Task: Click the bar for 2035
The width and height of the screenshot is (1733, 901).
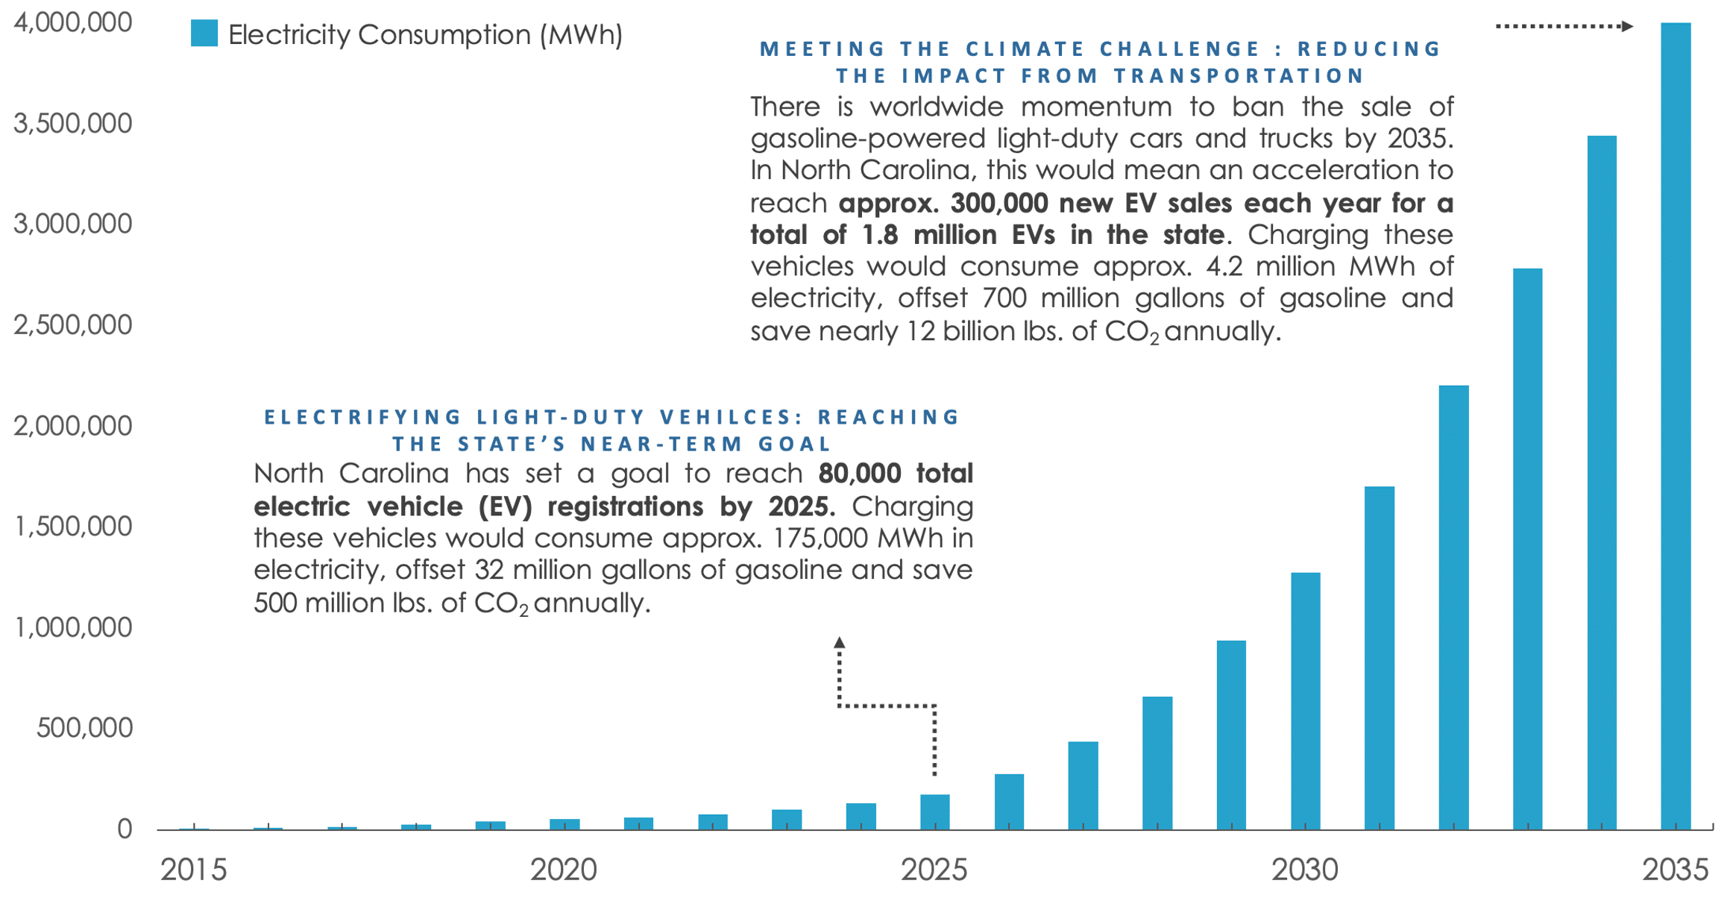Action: point(1676,425)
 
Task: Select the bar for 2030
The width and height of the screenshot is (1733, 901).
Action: point(1305,700)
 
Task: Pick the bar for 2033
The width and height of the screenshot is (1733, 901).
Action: point(1527,548)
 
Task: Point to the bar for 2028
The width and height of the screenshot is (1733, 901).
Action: point(1157,762)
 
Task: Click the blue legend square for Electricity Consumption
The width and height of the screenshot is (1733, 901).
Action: point(204,34)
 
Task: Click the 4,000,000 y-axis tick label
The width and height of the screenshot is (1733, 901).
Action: point(72,22)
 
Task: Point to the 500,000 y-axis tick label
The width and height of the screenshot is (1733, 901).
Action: point(84,727)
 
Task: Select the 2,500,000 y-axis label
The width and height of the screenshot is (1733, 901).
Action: point(72,324)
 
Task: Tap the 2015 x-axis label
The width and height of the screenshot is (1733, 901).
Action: point(193,870)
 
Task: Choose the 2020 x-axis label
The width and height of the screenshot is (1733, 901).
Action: point(564,870)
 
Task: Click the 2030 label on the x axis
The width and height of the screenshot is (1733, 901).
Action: point(1305,870)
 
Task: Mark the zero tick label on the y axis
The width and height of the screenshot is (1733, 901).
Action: point(125,829)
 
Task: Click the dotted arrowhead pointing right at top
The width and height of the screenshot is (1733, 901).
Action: point(1627,26)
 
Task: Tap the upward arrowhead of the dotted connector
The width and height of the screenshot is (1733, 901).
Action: point(840,642)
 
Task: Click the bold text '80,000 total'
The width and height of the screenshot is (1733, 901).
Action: point(896,473)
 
